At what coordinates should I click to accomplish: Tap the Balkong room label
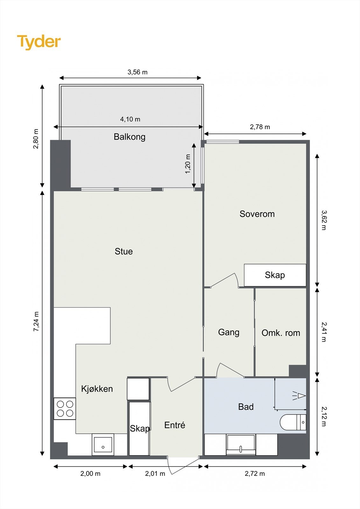click(x=130, y=137)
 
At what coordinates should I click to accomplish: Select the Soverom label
click(x=257, y=214)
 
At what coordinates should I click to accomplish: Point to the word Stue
click(x=124, y=251)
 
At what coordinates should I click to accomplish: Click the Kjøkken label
click(x=97, y=389)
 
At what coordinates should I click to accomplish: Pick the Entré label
click(x=175, y=425)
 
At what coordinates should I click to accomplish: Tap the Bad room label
click(x=246, y=407)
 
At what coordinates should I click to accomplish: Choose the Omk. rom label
click(x=281, y=333)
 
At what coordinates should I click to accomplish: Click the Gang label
click(x=229, y=332)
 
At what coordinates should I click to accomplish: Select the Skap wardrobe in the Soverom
click(x=275, y=275)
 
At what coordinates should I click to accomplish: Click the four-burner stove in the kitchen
click(x=65, y=408)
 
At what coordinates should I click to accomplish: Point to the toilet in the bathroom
click(x=293, y=422)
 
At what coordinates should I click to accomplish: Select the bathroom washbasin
click(x=241, y=445)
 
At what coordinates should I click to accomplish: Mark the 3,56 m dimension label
click(x=138, y=72)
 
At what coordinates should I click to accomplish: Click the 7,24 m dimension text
click(x=36, y=321)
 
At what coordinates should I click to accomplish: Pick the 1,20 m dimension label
click(x=187, y=164)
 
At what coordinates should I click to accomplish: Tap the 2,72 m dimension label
click(x=255, y=474)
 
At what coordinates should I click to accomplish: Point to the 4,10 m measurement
click(x=130, y=119)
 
